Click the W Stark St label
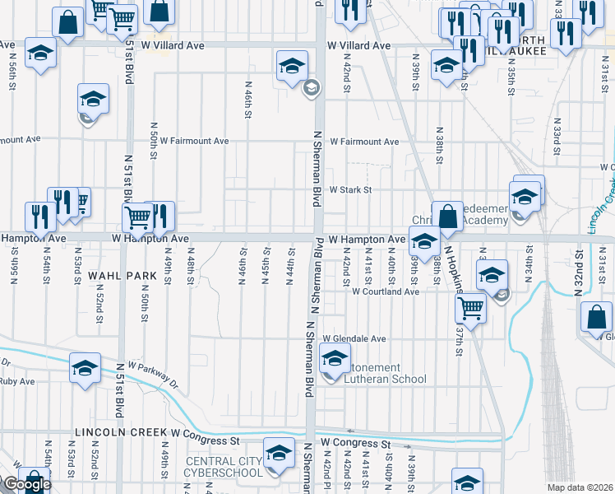(351, 189)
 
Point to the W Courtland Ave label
(386, 291)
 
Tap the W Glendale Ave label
(354, 338)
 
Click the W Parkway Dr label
(153, 375)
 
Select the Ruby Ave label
(16, 382)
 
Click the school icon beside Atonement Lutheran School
(335, 360)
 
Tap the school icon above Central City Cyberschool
(279, 454)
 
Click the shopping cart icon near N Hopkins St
(470, 308)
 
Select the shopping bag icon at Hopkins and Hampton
(448, 217)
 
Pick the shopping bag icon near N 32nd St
(596, 318)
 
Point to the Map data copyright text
(580, 487)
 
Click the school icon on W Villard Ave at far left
(40, 54)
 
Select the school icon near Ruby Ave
(85, 369)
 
